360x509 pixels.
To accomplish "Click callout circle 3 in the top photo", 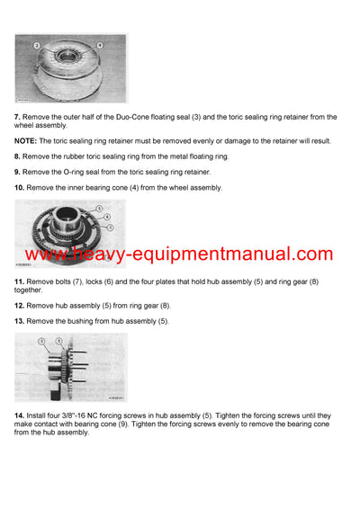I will point(36,44).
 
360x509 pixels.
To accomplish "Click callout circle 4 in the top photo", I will point(99,44).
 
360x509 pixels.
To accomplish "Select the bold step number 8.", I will point(17,156).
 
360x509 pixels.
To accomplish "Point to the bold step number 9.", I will point(17,171).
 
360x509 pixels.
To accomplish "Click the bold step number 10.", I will point(19,187).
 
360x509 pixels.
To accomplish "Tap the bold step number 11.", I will point(19,282).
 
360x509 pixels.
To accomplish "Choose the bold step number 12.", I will point(19,306).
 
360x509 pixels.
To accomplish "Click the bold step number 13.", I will point(19,321).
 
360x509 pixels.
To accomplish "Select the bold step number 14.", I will point(19,415).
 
